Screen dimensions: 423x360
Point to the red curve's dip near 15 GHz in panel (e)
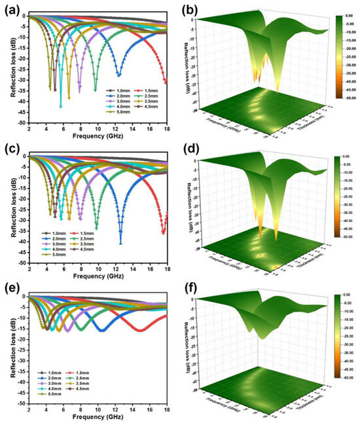coord(141,331)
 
